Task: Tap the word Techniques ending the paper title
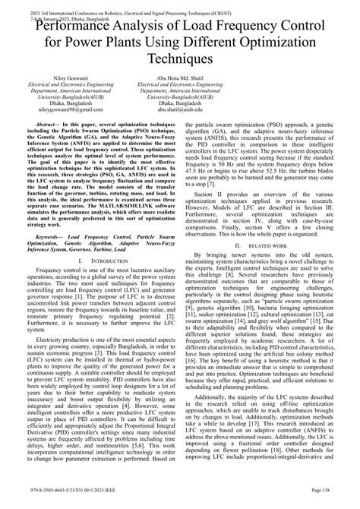(179, 58)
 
